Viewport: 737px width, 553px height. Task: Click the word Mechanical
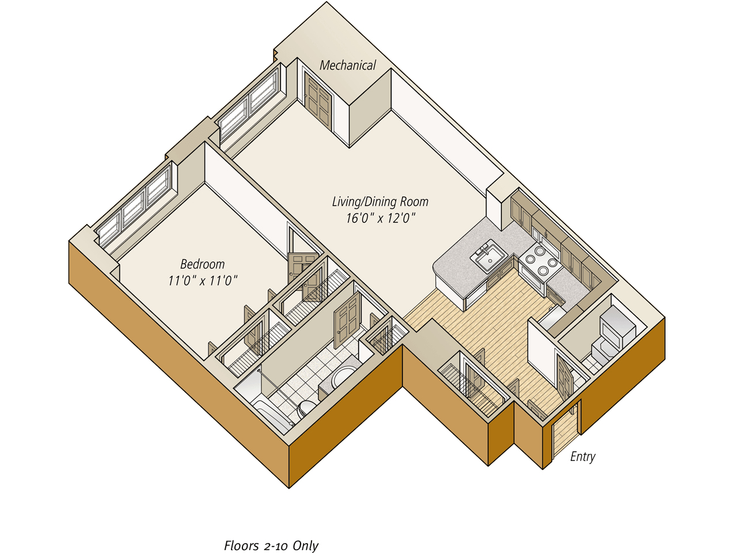point(347,65)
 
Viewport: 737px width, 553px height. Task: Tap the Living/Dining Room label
point(380,202)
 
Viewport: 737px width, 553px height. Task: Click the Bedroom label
point(202,264)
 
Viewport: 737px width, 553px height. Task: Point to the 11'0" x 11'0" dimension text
point(203,281)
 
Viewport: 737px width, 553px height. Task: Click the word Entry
point(582,456)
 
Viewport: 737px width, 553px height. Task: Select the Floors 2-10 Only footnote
point(271,545)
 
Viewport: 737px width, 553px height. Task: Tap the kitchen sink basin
point(489,257)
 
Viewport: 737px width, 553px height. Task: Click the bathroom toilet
point(305,408)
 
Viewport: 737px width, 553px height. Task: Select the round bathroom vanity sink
point(344,377)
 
